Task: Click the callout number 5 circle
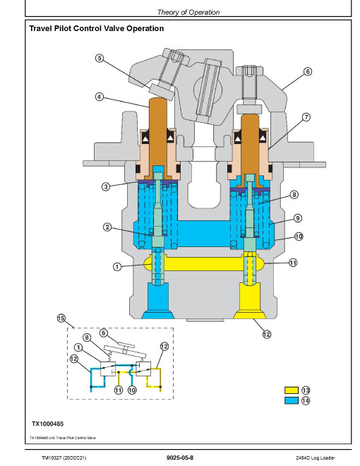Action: pos(100,58)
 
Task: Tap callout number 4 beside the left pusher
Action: pos(100,97)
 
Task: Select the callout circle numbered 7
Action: pos(306,117)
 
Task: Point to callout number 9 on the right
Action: pos(298,218)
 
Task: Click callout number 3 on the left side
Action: pos(106,186)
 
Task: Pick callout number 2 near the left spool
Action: pos(107,227)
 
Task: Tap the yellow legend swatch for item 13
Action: pos(292,390)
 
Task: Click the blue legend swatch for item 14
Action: pos(292,400)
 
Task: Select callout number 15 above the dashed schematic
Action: pos(61,318)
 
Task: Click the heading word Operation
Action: pos(145,28)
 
